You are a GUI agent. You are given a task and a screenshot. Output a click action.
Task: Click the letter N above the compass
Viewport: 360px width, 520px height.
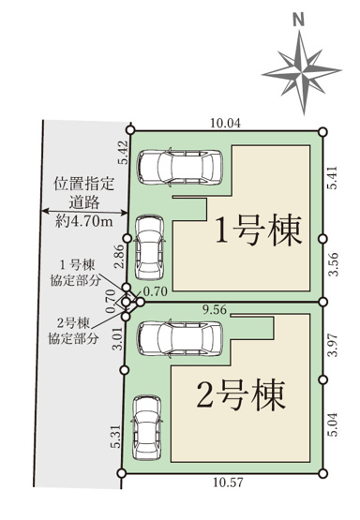click(x=297, y=18)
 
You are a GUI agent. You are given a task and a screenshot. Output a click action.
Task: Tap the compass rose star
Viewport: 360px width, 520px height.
click(x=297, y=68)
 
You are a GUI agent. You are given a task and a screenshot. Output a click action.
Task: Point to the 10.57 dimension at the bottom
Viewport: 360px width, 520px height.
click(x=225, y=484)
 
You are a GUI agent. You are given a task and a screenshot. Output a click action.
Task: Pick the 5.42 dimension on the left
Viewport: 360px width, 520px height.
click(x=124, y=153)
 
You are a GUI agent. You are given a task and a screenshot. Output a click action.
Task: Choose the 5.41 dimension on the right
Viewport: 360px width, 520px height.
click(x=333, y=180)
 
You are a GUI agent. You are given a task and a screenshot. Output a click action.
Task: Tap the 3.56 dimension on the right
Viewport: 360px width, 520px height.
click(x=333, y=262)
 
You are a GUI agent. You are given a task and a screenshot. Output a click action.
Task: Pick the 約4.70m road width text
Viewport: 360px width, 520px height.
click(x=83, y=221)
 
